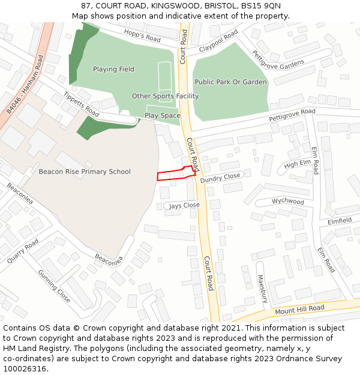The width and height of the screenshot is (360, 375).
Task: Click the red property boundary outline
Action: pos(176,174)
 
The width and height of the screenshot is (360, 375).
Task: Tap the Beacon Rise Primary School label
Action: pos(85,172)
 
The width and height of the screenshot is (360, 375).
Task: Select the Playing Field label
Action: pos(113,69)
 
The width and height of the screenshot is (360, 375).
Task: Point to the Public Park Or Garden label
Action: pos(230,82)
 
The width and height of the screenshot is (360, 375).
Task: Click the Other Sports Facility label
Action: pos(165,96)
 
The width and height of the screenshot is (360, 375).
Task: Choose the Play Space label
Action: pos(162,115)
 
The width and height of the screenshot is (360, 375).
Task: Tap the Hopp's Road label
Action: pos(142,35)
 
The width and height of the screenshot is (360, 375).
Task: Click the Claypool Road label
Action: pos(218,40)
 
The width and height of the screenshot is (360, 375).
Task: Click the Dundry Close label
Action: pos(220,178)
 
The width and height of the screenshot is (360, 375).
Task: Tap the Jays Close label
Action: pos(184,205)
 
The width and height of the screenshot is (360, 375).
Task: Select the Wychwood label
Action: pos(288,202)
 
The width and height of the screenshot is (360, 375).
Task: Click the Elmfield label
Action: pos(340,221)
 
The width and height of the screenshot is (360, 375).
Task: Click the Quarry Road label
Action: pos(23,251)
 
